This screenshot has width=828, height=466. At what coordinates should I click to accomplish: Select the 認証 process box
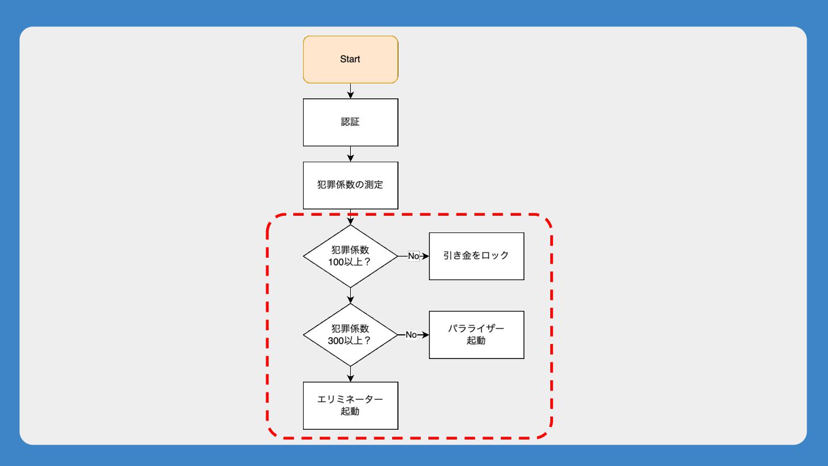pyautogui.click(x=350, y=122)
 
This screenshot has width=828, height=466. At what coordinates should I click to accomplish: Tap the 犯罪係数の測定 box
pyautogui.click(x=350, y=185)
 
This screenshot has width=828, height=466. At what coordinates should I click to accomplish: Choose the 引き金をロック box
pyautogui.click(x=476, y=256)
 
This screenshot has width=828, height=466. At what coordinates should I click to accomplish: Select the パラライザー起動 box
pyautogui.click(x=476, y=335)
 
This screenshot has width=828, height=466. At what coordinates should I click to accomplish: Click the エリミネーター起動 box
pyautogui.click(x=350, y=406)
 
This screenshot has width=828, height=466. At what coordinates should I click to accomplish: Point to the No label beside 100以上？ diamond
pyautogui.click(x=413, y=256)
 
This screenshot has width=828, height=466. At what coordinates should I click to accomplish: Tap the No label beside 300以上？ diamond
pyautogui.click(x=411, y=335)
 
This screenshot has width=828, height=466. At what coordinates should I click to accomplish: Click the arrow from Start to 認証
pyautogui.click(x=350, y=91)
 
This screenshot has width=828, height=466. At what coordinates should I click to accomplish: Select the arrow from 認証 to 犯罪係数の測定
pyautogui.click(x=350, y=154)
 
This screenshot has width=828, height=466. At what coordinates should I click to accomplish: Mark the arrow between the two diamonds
pyautogui.click(x=350, y=295)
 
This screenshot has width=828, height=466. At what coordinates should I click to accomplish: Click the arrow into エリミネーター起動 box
pyautogui.click(x=350, y=374)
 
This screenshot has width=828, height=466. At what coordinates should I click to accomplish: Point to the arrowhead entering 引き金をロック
pyautogui.click(x=426, y=256)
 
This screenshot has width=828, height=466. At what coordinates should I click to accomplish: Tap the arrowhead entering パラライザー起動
pyautogui.click(x=426, y=335)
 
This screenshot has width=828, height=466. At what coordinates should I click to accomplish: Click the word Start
pyautogui.click(x=350, y=59)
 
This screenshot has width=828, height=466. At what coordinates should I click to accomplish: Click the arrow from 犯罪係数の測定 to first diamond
pyautogui.click(x=350, y=217)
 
